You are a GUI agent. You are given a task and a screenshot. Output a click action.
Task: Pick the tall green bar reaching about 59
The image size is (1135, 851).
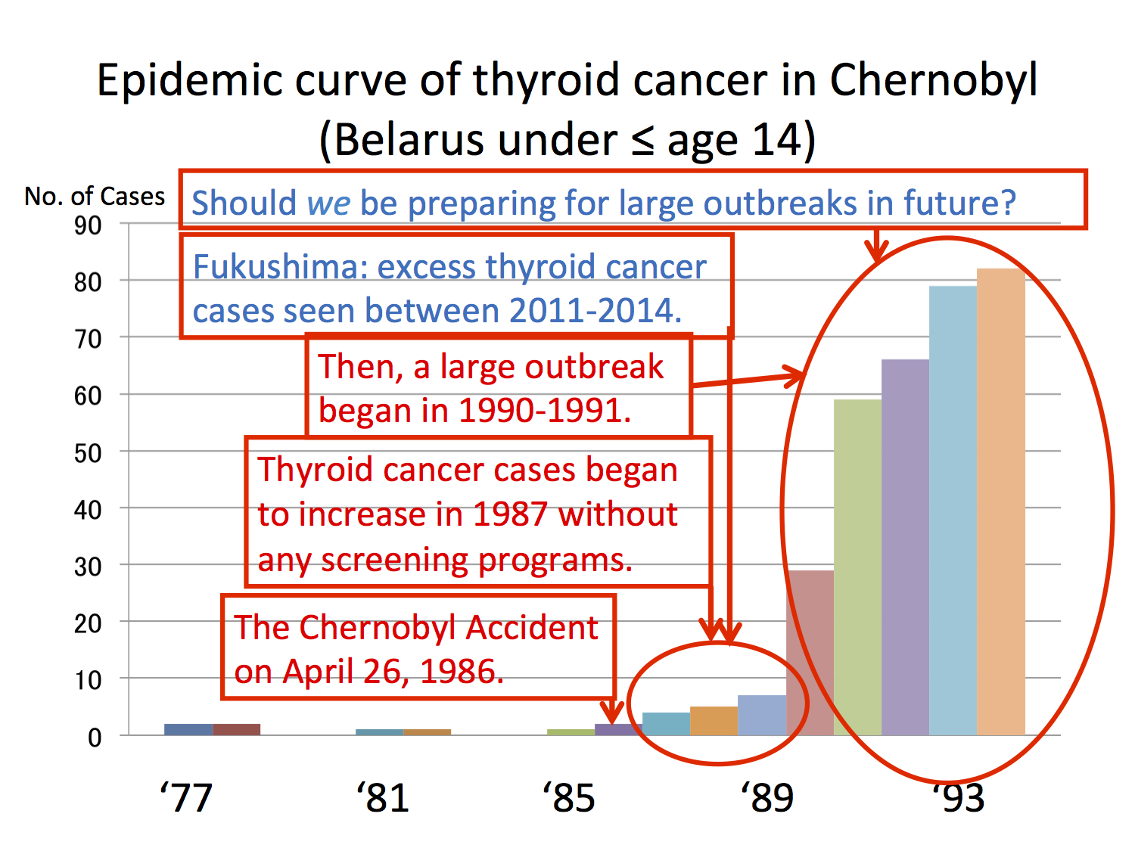click(x=857, y=567)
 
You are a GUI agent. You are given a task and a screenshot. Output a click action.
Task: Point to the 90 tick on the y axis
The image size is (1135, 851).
click(x=88, y=225)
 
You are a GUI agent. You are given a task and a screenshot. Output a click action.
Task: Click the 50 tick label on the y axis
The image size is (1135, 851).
click(x=88, y=453)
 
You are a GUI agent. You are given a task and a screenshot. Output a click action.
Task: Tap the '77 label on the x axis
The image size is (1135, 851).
click(x=186, y=798)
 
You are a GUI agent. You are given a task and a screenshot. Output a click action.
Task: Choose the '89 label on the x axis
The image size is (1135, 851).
click(x=767, y=798)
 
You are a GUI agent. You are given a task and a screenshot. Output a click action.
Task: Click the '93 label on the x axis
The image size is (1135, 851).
click(x=959, y=798)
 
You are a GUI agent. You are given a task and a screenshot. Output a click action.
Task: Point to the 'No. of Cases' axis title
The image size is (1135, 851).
click(x=95, y=197)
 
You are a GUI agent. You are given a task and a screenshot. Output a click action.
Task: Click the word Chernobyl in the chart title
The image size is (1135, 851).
click(x=934, y=81)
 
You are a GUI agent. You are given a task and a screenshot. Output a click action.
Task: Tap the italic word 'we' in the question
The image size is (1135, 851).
click(x=328, y=203)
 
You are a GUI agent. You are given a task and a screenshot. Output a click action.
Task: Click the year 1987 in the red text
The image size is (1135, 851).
click(x=510, y=515)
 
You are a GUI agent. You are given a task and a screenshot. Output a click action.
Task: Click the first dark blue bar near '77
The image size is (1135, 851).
click(x=188, y=729)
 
